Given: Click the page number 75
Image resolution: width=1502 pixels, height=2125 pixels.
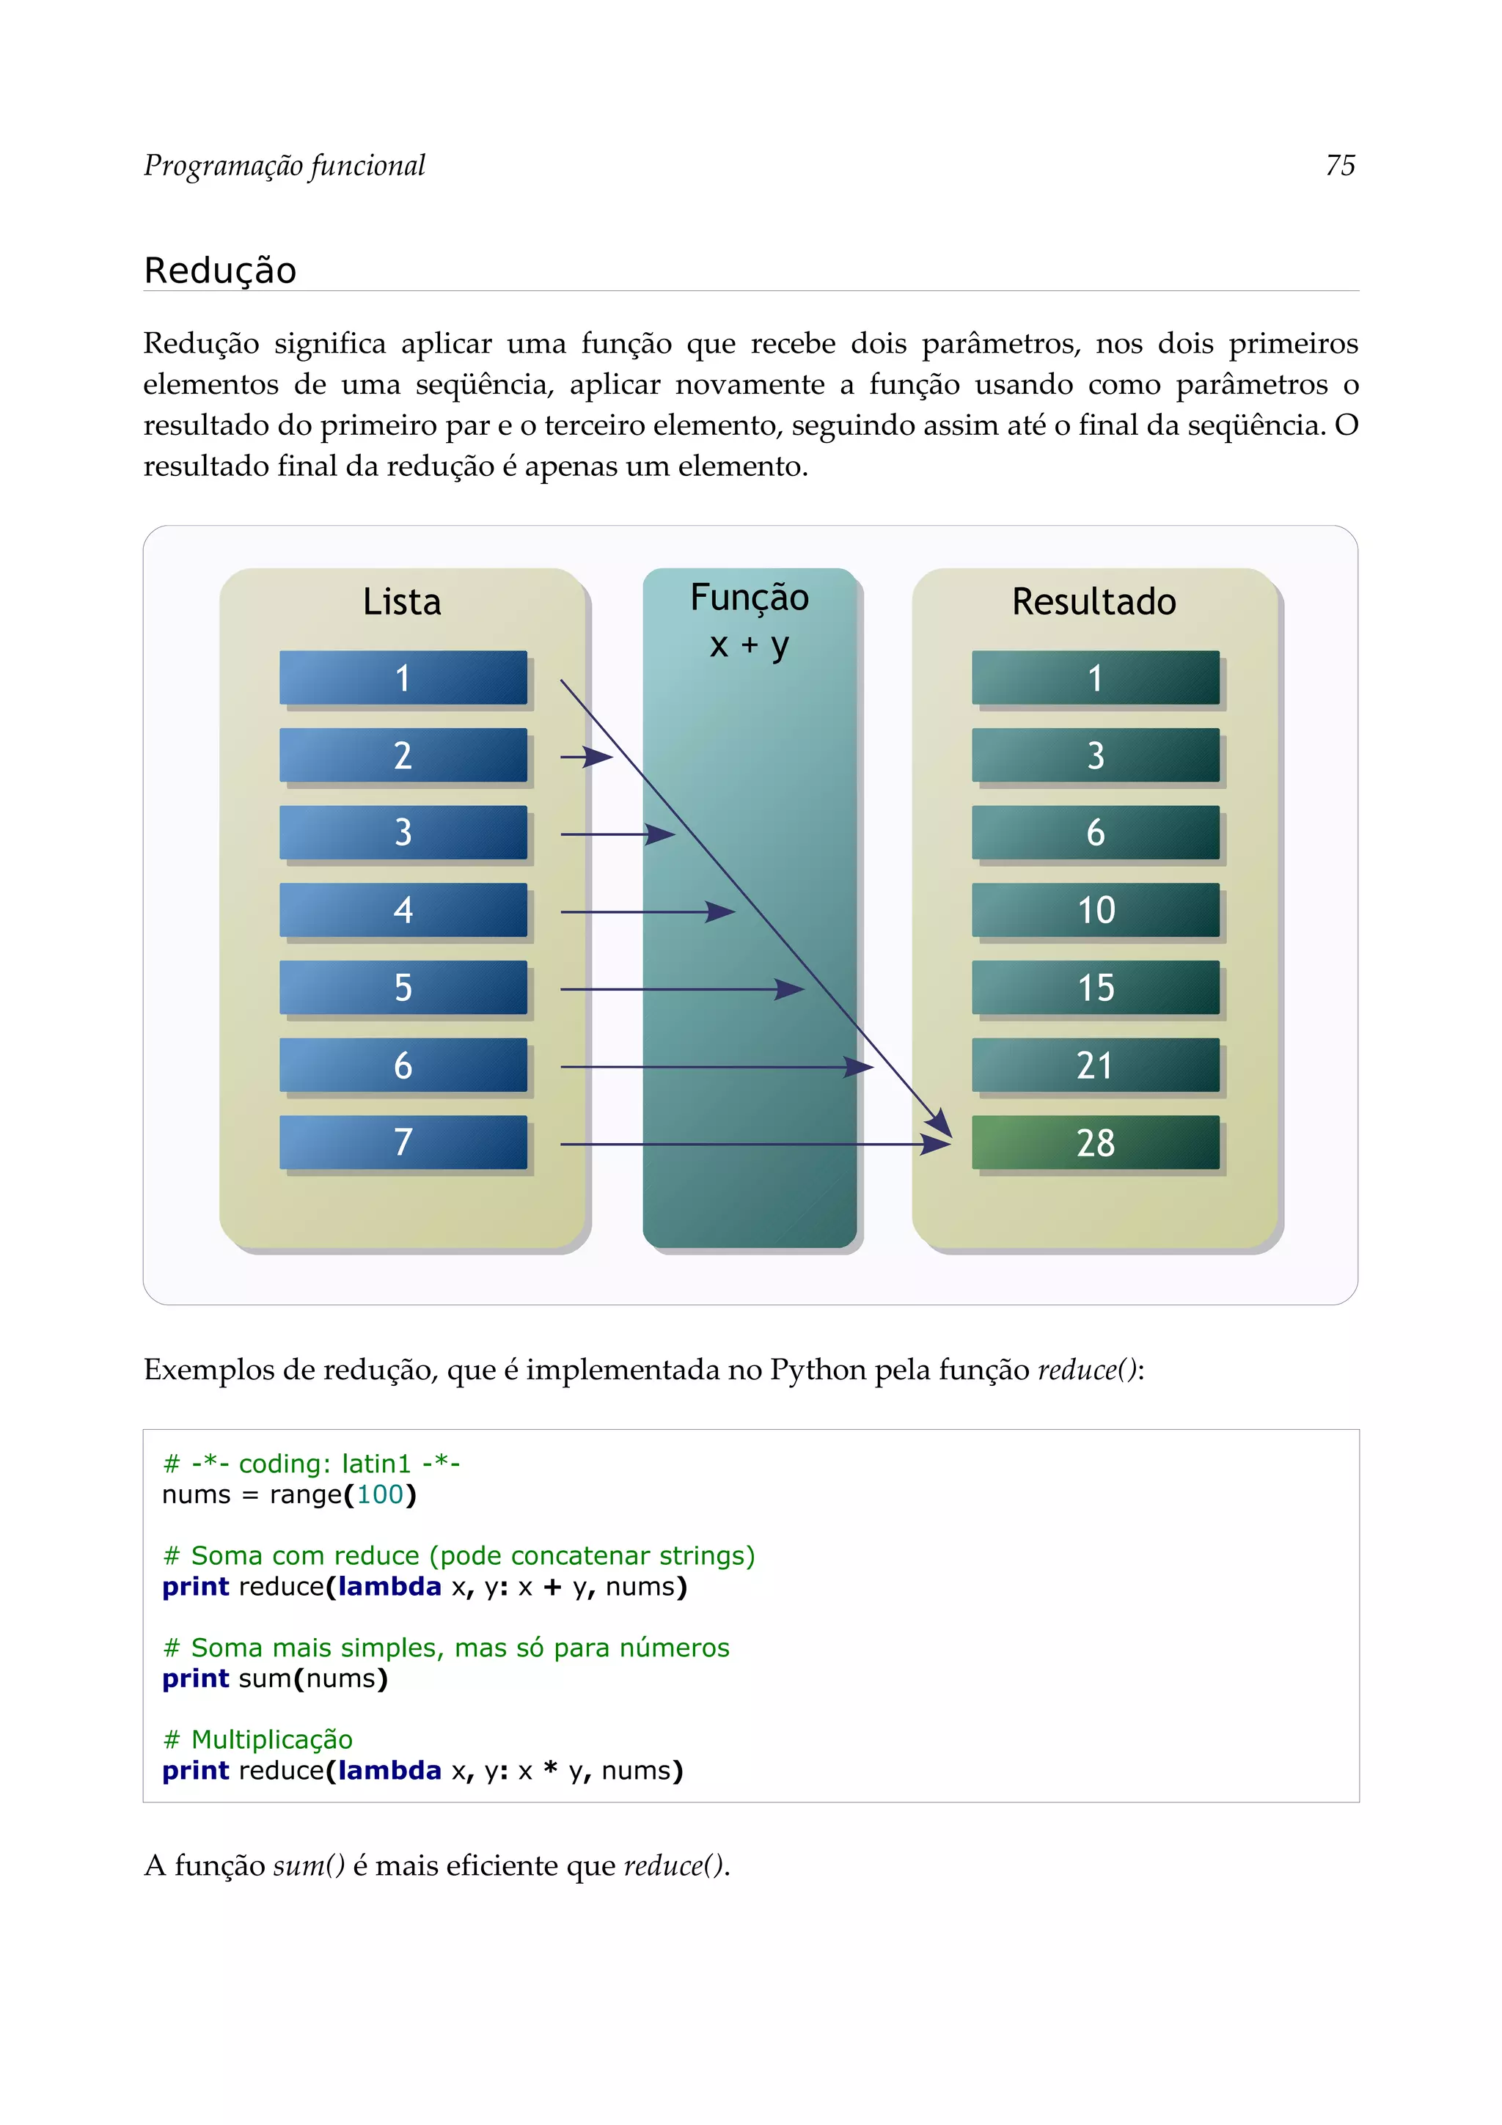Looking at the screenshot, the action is click(x=1340, y=166).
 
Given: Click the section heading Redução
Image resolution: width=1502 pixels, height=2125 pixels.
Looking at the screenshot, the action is click(x=220, y=271).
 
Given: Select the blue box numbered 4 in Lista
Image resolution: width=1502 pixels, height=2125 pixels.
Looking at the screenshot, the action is click(x=403, y=910).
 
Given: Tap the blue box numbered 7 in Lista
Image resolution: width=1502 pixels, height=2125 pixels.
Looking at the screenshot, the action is click(x=403, y=1142).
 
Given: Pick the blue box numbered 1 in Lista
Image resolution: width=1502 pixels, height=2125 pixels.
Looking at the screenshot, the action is click(x=403, y=678).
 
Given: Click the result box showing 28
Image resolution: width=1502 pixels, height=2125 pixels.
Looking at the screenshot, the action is click(x=1095, y=1142).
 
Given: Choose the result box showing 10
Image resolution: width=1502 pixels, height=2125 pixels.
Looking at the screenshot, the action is click(x=1095, y=910).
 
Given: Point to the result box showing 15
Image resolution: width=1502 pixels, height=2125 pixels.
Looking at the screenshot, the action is click(x=1095, y=988).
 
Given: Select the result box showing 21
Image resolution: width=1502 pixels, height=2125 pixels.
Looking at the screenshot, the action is click(x=1095, y=1065).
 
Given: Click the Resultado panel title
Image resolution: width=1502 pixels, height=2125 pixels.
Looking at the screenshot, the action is click(x=1094, y=601).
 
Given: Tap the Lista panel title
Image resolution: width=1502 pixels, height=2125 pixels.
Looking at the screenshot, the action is click(x=402, y=601).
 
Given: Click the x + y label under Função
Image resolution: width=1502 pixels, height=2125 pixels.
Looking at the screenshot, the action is click(x=749, y=645).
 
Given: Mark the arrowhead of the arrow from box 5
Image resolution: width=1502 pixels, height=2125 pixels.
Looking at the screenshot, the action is click(x=791, y=989).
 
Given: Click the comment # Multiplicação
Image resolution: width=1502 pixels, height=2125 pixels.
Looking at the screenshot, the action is click(x=258, y=1739).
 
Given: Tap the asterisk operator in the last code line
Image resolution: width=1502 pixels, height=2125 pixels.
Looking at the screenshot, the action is click(x=551, y=1769).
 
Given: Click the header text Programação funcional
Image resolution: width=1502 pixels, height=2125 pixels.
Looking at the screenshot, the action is click(x=284, y=166).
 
